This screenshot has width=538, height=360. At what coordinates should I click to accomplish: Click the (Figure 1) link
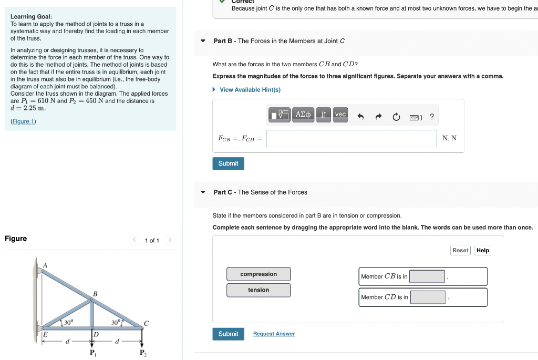coord(24,121)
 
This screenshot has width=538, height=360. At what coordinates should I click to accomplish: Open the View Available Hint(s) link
coord(250,90)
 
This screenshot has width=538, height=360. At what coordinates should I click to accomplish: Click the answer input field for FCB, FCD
coord(350,138)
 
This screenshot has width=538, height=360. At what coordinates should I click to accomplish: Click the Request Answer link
coord(274,334)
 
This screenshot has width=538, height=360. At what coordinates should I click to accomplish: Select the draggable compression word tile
coord(258,274)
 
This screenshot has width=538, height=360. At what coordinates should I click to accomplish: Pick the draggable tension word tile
coord(258,290)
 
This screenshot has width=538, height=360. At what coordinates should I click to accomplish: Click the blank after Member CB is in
coord(427,276)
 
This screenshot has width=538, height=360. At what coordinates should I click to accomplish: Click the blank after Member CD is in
coord(428,297)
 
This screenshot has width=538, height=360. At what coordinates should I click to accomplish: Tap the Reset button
coord(460,251)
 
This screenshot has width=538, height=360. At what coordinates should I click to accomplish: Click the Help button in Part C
coord(482,251)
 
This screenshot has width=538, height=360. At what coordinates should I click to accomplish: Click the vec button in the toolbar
coord(340,115)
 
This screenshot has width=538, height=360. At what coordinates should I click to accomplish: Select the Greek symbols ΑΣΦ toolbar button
coord(303,115)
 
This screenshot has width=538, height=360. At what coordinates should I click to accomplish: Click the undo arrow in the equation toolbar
coord(360,117)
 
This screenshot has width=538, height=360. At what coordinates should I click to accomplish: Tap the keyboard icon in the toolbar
coord(415,117)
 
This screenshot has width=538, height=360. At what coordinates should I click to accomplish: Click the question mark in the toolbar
coord(432,117)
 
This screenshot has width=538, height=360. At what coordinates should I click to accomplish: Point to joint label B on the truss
coord(95,293)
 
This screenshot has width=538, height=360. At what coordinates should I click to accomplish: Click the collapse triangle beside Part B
coord(203,41)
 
